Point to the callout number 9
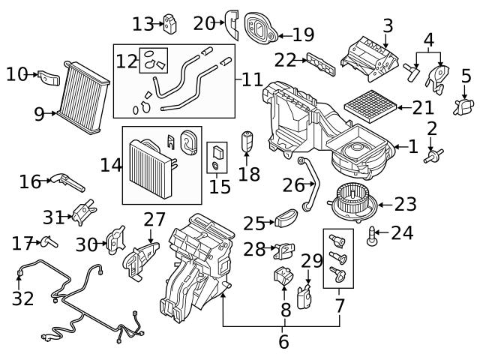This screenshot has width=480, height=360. click(x=40, y=114)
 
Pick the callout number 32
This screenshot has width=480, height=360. click(x=283, y=342)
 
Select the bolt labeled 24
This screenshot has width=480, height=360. click(x=372, y=237)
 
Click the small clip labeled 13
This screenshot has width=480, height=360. click(x=171, y=24)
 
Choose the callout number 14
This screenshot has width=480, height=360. click(x=111, y=164)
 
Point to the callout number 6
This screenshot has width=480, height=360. click(x=283, y=342)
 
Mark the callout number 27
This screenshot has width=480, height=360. click(x=154, y=220)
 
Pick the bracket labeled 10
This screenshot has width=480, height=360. click(x=49, y=77)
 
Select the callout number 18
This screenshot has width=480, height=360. click(x=249, y=174)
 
